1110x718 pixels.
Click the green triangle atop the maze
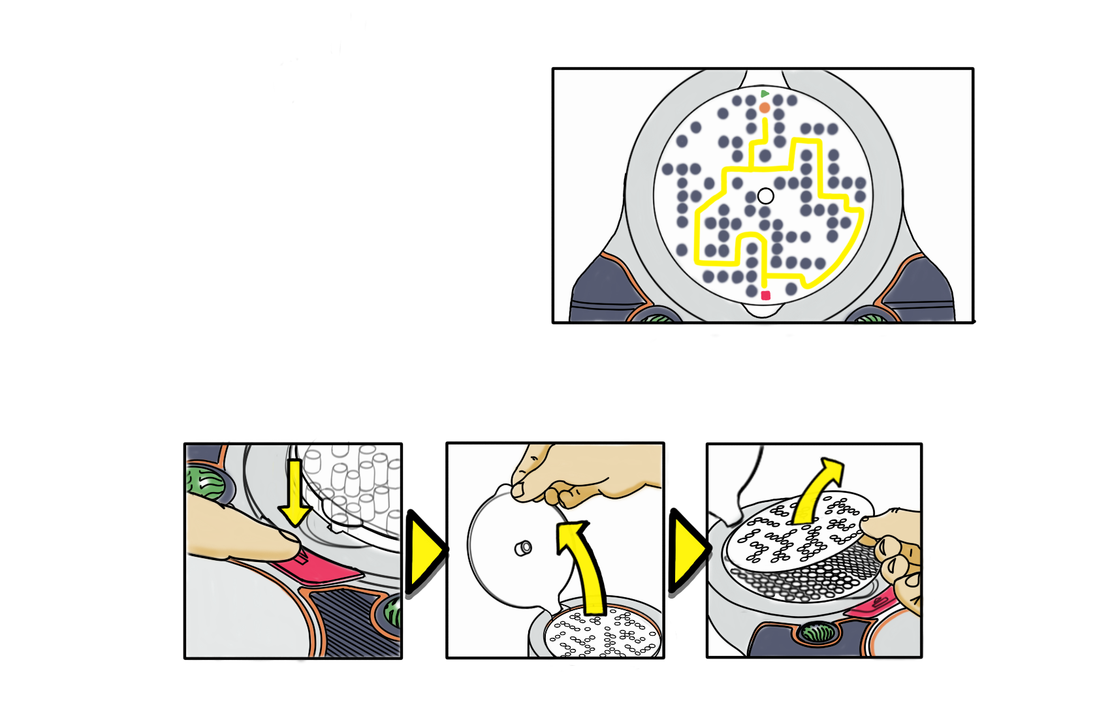coord(765,94)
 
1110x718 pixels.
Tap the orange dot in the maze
coord(765,107)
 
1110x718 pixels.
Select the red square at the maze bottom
coord(766,296)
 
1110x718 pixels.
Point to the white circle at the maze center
coord(765,196)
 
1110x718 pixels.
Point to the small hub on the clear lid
coord(523,548)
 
